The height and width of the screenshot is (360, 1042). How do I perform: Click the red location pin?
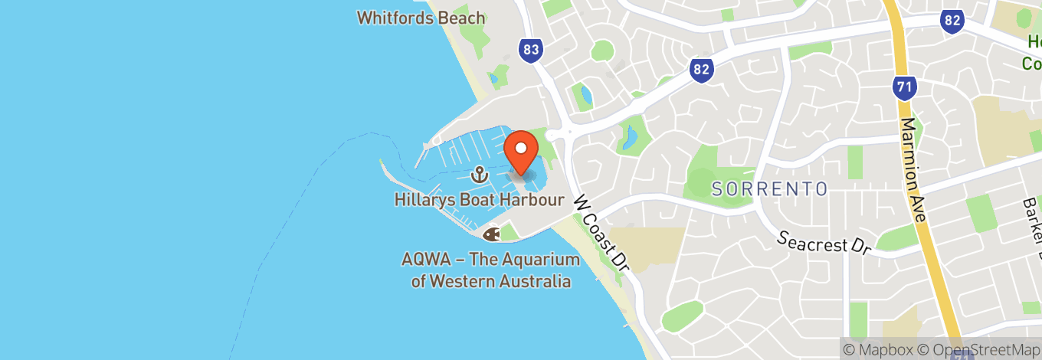point(522,150)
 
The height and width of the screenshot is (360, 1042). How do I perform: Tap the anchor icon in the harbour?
point(480,175)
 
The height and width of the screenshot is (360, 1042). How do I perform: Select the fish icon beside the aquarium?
point(490,231)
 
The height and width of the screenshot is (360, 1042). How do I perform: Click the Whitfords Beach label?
point(421,17)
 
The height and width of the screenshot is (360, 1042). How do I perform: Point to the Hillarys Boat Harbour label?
point(480,200)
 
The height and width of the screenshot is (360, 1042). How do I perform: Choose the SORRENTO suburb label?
point(769,188)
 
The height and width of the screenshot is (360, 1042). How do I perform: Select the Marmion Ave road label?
point(914,170)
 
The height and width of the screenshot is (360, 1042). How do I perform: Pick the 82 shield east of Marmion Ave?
point(952,21)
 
